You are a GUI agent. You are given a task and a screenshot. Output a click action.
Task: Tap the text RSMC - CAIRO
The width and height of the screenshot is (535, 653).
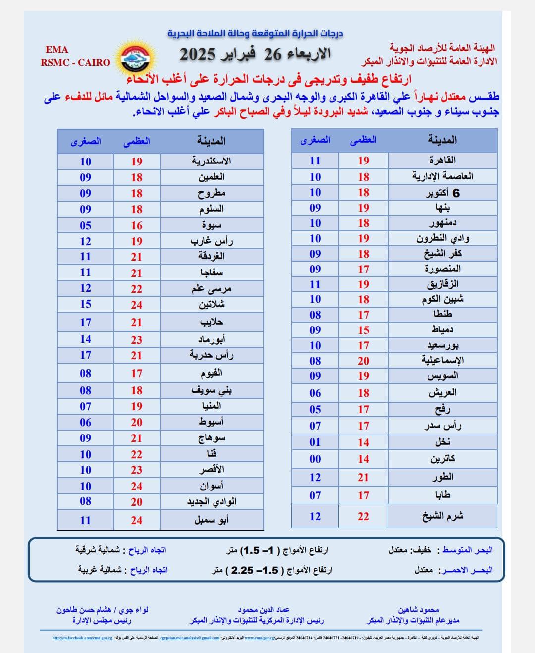(x=75, y=63)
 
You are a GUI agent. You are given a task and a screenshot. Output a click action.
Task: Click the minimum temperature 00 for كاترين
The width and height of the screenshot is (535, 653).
(x=315, y=459)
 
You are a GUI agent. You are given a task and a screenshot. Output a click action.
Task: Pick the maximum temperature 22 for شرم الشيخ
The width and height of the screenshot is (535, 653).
(x=363, y=516)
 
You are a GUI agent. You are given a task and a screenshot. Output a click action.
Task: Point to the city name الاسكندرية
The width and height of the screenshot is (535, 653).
(x=212, y=161)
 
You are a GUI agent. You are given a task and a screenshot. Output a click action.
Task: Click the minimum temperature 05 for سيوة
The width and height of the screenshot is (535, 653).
(x=86, y=225)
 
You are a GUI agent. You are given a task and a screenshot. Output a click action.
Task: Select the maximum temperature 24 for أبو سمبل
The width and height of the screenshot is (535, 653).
(x=137, y=520)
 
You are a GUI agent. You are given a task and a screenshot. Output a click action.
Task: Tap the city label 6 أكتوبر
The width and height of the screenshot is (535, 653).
(x=442, y=193)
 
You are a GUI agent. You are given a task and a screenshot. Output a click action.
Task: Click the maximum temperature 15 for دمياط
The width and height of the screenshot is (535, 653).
(x=364, y=330)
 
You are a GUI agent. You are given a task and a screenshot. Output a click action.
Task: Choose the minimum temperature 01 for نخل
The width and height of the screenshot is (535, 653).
(x=315, y=442)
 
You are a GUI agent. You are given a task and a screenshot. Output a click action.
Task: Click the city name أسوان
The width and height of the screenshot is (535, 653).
(x=212, y=486)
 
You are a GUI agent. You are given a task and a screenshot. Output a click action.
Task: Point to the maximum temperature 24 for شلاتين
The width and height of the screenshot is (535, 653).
(x=137, y=305)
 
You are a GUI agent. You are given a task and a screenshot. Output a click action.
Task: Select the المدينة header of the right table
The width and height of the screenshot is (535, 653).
(x=442, y=140)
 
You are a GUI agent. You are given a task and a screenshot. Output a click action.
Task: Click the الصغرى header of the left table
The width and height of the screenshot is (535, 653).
(x=86, y=141)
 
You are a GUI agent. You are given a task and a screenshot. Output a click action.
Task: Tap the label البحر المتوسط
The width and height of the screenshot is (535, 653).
(x=467, y=550)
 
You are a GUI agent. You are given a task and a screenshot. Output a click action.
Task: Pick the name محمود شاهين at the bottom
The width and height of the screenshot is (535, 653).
(x=419, y=610)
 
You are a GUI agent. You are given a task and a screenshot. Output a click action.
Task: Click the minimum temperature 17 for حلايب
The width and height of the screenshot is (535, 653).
(x=86, y=322)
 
